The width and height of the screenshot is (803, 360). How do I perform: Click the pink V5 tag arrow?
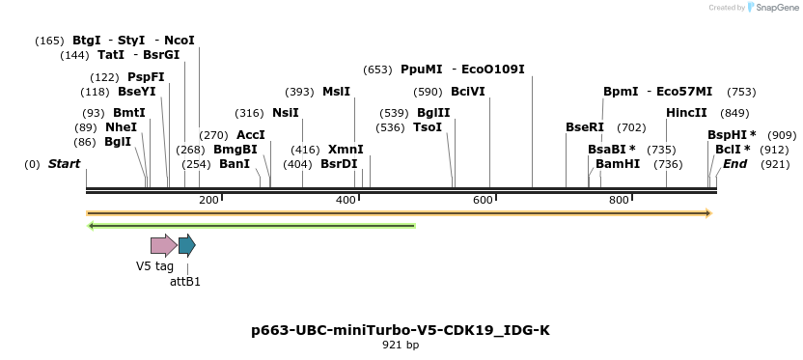(x=162, y=245)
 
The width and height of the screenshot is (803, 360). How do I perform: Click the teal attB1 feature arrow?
(x=187, y=245)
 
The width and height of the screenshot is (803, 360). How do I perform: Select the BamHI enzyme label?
(x=618, y=164)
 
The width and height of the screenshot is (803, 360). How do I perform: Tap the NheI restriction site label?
(x=122, y=127)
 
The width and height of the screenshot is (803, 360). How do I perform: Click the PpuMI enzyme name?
(x=421, y=69)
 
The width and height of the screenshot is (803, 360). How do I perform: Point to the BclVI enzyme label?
(x=468, y=92)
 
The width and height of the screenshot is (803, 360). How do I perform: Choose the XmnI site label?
(x=346, y=150)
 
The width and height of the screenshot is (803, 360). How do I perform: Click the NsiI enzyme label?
(x=286, y=113)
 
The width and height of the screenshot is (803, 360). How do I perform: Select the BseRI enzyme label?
(x=585, y=127)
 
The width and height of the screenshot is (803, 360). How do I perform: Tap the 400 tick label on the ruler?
(x=346, y=200)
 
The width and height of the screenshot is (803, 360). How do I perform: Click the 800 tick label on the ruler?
(x=620, y=200)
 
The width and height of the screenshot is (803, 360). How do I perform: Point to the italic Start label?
(x=64, y=164)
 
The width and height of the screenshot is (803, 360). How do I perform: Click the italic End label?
(x=735, y=164)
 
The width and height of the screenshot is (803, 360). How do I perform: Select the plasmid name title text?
(x=401, y=330)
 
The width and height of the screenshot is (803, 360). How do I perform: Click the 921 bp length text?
(x=401, y=345)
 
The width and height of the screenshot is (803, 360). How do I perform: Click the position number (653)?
(x=377, y=69)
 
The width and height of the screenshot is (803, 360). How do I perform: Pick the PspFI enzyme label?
(x=146, y=77)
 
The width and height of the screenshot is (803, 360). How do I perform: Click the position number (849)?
(x=734, y=113)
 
